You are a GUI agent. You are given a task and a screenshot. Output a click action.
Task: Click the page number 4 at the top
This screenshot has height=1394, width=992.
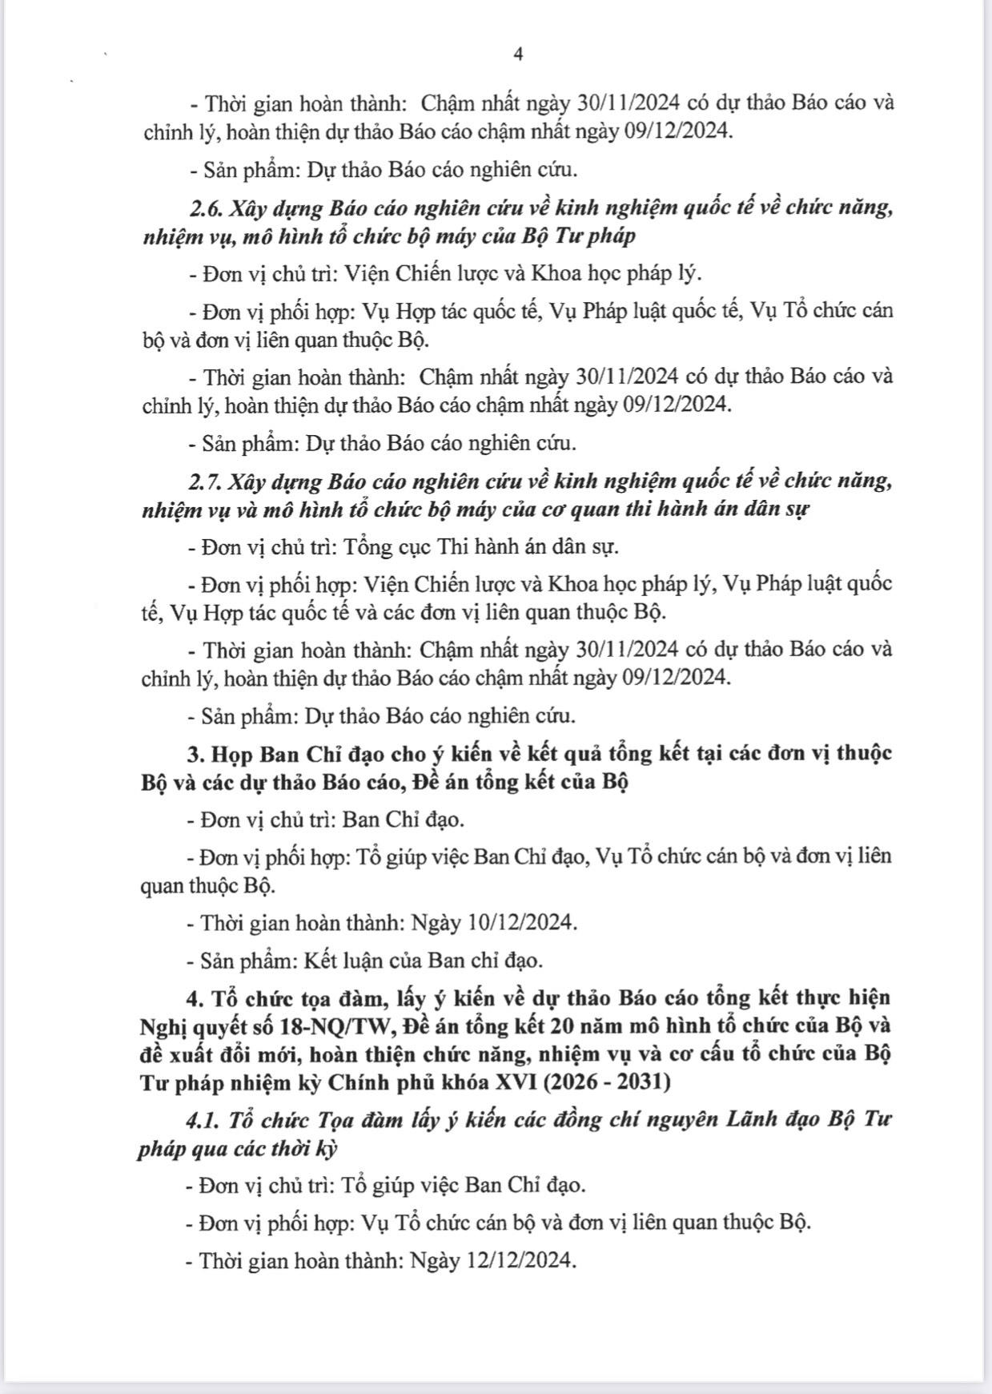[x=518, y=54]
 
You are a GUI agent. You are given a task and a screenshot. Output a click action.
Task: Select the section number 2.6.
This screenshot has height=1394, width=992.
[x=207, y=208]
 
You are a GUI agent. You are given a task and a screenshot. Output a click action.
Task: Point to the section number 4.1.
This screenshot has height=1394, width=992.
[x=203, y=1119]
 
